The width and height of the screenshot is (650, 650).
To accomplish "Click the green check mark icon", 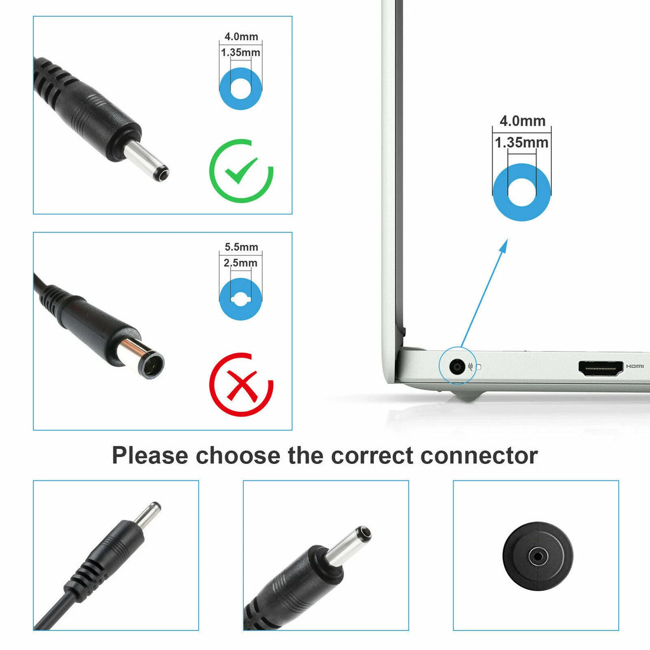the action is [242, 171].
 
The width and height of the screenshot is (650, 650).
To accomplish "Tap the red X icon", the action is [242, 385].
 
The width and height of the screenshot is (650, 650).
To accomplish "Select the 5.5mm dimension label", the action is [241, 247].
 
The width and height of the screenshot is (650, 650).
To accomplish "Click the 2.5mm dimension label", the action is [241, 263].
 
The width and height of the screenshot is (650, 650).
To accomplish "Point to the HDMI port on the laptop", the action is [600, 368].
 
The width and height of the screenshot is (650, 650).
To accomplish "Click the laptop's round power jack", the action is [457, 367].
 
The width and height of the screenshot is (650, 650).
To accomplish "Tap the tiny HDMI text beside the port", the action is [635, 366].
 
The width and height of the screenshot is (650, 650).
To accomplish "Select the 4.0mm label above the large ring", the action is [522, 121].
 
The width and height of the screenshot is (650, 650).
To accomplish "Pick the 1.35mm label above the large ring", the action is [522, 143].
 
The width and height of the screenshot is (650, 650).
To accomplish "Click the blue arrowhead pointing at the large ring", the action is [503, 246].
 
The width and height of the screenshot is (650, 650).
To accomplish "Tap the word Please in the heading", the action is [150, 456].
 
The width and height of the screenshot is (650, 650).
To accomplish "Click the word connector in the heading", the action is [479, 456].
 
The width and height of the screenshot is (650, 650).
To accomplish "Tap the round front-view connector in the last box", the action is [538, 556].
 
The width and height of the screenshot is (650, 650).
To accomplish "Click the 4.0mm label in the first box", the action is [241, 36].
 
